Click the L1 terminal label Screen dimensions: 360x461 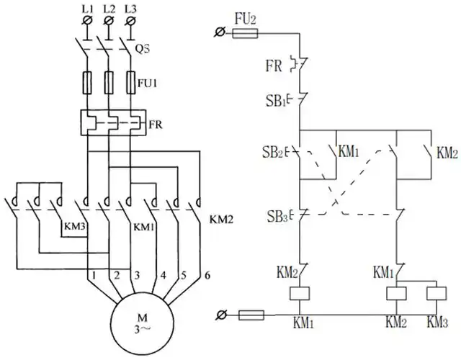pyautogui.click(x=88, y=9)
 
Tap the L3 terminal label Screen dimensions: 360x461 pyautogui.click(x=130, y=9)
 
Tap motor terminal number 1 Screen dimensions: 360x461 pyautogui.click(x=94, y=275)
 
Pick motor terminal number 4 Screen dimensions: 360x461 pyautogui.click(x=163, y=275)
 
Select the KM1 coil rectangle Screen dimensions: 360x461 pyautogui.click(x=299, y=294)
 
